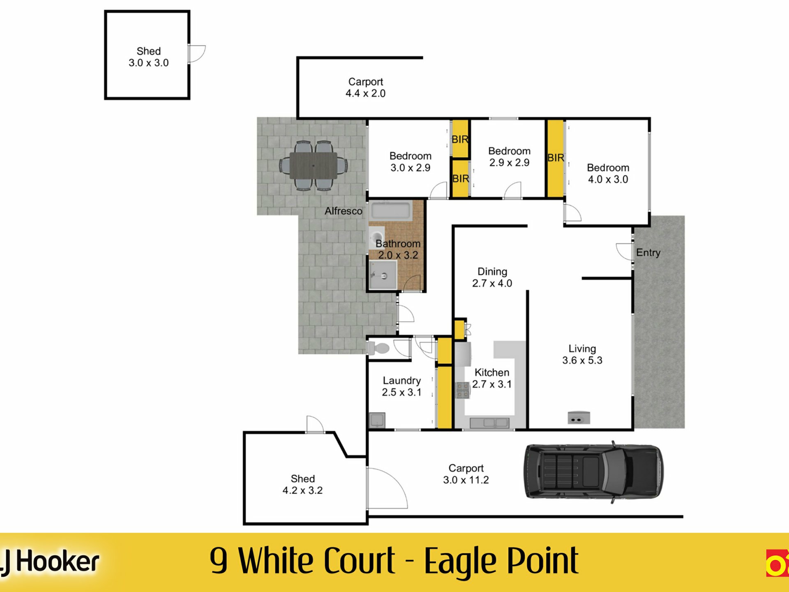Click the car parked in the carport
pyautogui.click(x=593, y=472)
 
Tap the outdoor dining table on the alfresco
pyautogui.click(x=313, y=166)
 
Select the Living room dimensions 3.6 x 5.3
pyautogui.click(x=582, y=361)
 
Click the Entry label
pyautogui.click(x=648, y=252)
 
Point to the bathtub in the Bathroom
pyautogui.click(x=391, y=211)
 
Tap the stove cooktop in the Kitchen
pyautogui.click(x=463, y=390)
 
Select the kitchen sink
pyautogui.click(x=489, y=423)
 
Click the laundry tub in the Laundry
pyautogui.click(x=377, y=420)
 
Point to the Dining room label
pyautogui.click(x=492, y=272)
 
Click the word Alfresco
pyautogui.click(x=344, y=211)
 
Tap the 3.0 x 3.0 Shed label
pyautogui.click(x=149, y=57)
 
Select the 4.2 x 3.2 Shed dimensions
pyautogui.click(x=302, y=490)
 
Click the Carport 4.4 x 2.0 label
pyautogui.click(x=365, y=88)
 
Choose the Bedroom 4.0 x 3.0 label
pyautogui.click(x=608, y=173)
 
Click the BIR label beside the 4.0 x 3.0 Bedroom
pyautogui.click(x=556, y=158)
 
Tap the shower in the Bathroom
pyautogui.click(x=383, y=275)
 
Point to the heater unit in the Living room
pyautogui.click(x=579, y=418)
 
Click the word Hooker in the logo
pyautogui.click(x=58, y=562)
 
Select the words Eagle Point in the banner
pyautogui.click(x=501, y=562)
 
